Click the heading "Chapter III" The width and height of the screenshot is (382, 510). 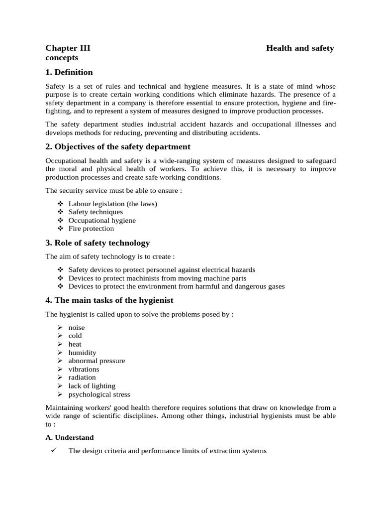[x=68, y=48]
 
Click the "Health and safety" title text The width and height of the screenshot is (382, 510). [x=300, y=48]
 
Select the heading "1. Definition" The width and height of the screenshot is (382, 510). [x=69, y=72]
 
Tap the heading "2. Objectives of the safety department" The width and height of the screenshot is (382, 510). [x=118, y=146]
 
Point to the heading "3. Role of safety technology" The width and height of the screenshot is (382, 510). [x=97, y=243]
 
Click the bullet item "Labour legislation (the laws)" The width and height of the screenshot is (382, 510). [x=113, y=204]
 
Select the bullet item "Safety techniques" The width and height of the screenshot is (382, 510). [x=95, y=212]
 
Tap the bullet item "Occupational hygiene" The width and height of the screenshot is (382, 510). [x=102, y=220]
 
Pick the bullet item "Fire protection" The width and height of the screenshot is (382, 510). [x=91, y=229]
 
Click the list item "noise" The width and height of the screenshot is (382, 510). [x=77, y=328]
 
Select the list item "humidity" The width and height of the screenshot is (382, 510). [x=82, y=353]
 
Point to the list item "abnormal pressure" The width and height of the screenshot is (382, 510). [x=96, y=361]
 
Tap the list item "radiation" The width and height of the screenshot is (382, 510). [x=82, y=378]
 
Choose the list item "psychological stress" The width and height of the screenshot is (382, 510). [x=99, y=394]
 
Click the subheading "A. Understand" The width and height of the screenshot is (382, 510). [x=70, y=437]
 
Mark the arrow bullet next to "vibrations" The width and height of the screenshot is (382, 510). [x=60, y=369]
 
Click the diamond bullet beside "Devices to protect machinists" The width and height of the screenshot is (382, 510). [x=61, y=278]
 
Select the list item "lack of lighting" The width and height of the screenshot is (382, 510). [x=92, y=386]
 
